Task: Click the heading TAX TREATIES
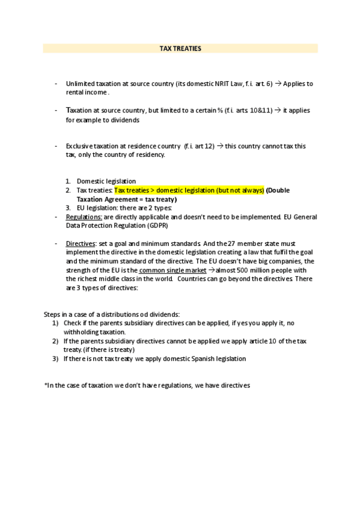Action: click(x=180, y=48)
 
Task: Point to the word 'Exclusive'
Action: click(x=79, y=146)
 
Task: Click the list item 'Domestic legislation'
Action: click(x=106, y=181)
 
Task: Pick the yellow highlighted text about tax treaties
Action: click(x=189, y=190)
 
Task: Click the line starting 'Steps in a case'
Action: click(x=112, y=315)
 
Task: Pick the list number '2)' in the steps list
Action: click(x=55, y=341)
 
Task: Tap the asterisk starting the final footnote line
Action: click(x=46, y=386)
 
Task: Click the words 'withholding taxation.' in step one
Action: click(x=94, y=332)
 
